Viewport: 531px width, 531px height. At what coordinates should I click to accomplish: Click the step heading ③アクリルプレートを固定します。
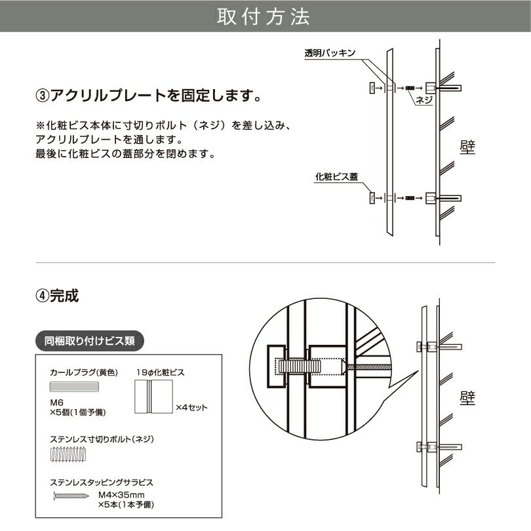click(x=148, y=96)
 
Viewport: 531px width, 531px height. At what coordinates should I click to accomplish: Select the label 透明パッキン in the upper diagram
click(x=330, y=54)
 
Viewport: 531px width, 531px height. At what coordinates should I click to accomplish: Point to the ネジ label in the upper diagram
click(x=423, y=100)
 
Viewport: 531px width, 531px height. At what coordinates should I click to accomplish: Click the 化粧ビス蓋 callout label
click(x=336, y=176)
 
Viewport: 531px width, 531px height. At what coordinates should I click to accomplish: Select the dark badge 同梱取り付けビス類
click(x=89, y=341)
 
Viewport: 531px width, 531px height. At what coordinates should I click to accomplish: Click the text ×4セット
click(x=191, y=407)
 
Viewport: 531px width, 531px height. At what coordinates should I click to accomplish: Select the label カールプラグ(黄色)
click(x=83, y=372)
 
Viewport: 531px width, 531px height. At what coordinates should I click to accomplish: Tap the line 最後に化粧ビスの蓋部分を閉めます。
click(x=125, y=154)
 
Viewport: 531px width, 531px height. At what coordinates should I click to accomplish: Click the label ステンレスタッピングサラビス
click(x=102, y=482)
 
